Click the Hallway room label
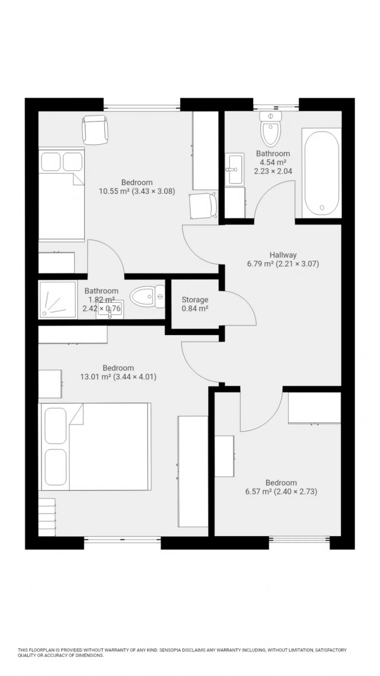point(283,255)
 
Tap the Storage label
point(195,300)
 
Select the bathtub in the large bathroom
point(322,173)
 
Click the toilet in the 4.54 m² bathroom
point(270,129)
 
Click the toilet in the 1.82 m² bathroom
point(147,297)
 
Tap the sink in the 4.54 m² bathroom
point(234,169)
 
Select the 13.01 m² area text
point(95,377)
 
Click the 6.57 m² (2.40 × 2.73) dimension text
point(281,491)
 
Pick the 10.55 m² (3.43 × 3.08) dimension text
point(137,191)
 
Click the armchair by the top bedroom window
point(95,130)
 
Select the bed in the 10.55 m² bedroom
point(61,194)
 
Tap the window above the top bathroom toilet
point(276,108)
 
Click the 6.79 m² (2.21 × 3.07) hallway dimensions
point(283,264)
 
